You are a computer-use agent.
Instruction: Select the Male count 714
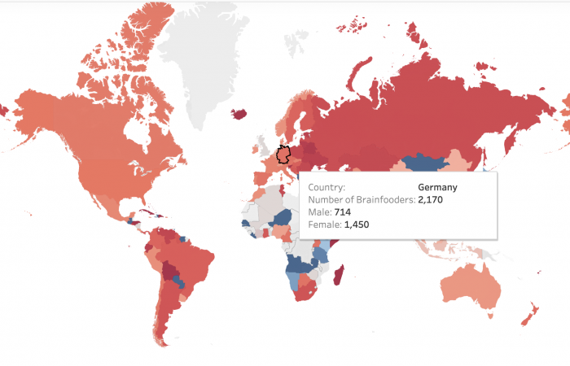click(342, 211)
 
